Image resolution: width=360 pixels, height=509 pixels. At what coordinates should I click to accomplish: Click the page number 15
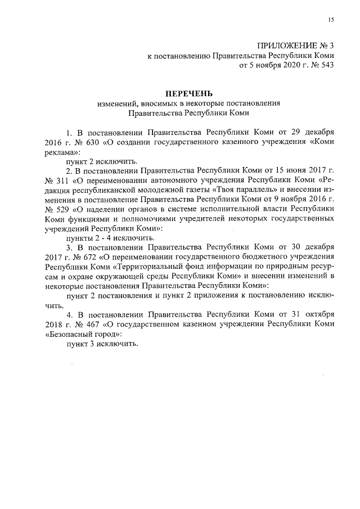pos(331,20)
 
